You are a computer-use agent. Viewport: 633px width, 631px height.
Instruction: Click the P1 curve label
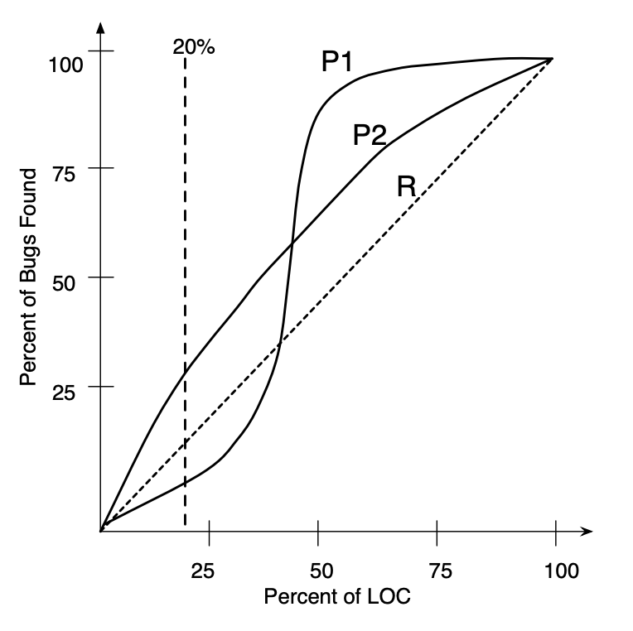(x=338, y=62)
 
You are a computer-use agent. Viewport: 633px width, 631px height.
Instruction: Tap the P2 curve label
(x=370, y=135)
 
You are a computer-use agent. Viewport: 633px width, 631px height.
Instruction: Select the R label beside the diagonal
(x=406, y=186)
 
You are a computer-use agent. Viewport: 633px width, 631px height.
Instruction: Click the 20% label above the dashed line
(x=193, y=47)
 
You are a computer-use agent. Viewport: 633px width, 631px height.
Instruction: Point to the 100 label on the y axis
(x=66, y=65)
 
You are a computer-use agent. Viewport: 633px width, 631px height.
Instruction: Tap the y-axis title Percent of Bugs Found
(x=29, y=277)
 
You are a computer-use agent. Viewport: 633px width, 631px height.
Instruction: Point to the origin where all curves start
(x=101, y=529)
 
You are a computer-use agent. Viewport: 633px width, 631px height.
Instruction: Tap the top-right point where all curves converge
(x=552, y=60)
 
